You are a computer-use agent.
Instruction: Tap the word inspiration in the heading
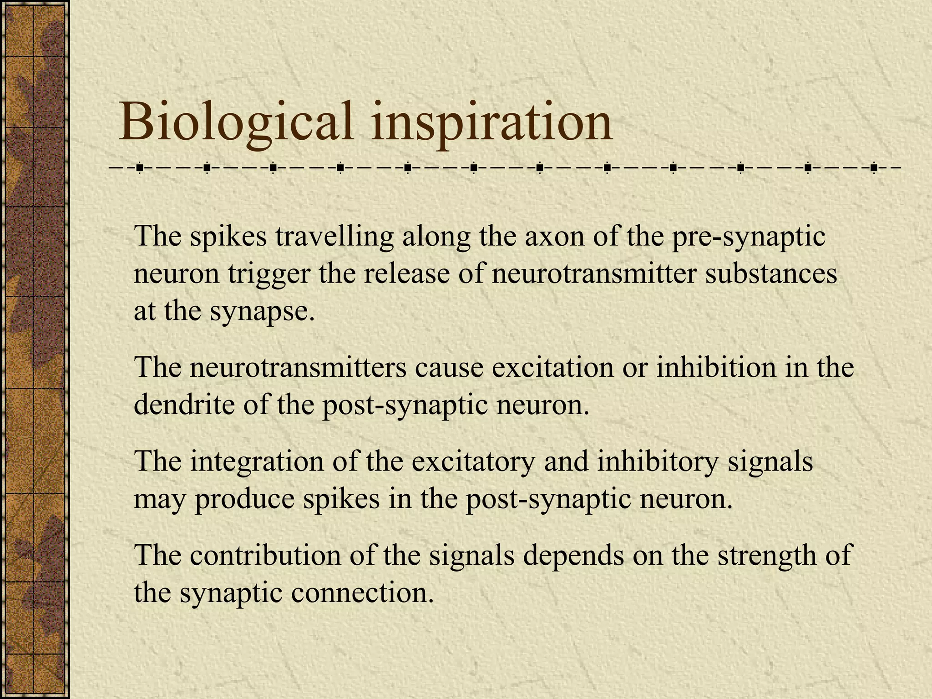tap(491, 122)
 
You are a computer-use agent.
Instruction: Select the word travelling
tap(334, 237)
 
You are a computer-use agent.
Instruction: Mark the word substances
tap(771, 274)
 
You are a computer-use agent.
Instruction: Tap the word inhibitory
tap(657, 461)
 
